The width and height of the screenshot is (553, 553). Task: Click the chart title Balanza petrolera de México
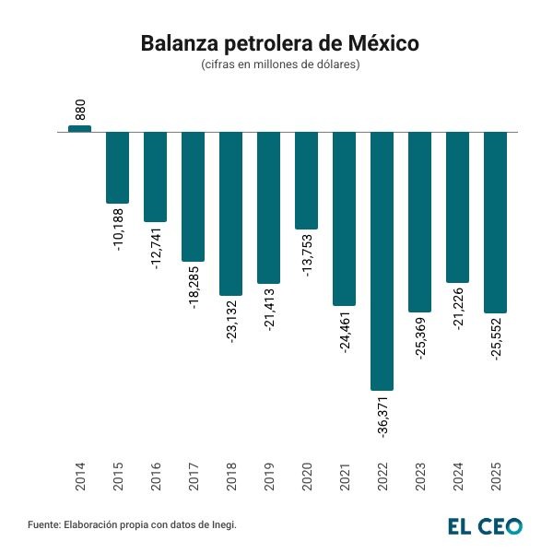click(x=279, y=44)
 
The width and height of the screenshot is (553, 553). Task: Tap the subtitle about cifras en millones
click(x=279, y=65)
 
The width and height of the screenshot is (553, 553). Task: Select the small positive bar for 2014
click(x=80, y=128)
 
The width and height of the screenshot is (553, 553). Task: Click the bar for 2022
click(x=382, y=261)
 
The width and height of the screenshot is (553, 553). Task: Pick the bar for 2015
click(x=118, y=167)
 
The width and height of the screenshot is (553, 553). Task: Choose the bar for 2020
click(x=306, y=180)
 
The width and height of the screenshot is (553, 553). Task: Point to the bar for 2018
click(x=230, y=213)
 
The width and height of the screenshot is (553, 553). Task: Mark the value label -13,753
click(x=307, y=255)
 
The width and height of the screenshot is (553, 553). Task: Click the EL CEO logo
click(x=485, y=525)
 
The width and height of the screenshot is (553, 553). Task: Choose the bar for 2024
click(x=457, y=206)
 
